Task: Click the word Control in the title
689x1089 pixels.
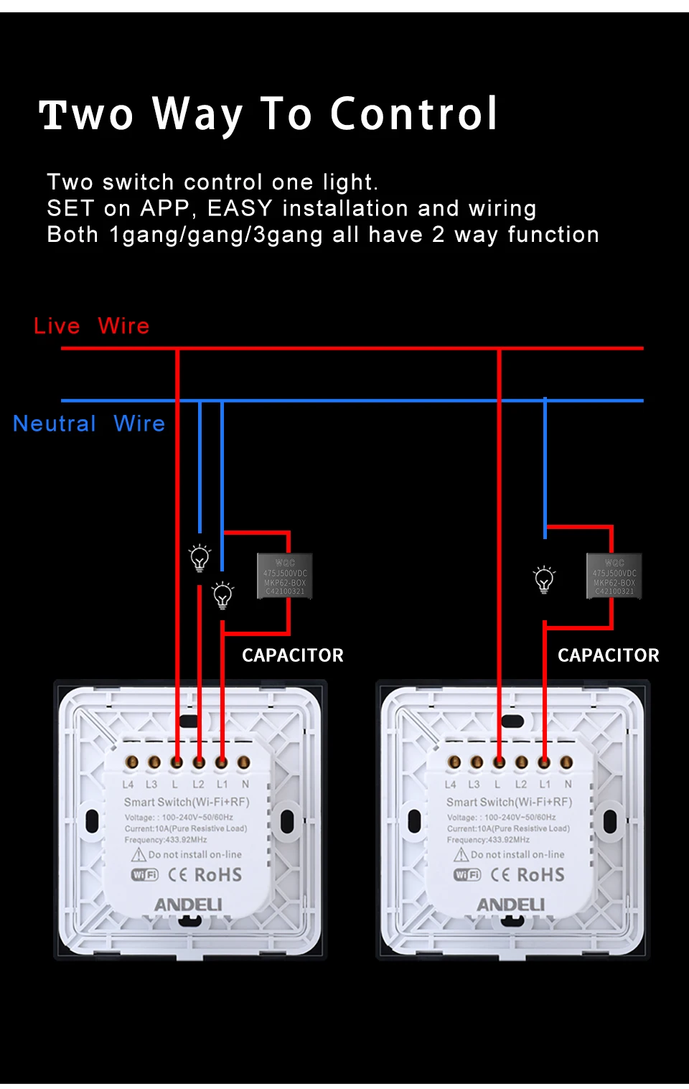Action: tap(413, 114)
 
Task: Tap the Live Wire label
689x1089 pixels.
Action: tap(91, 326)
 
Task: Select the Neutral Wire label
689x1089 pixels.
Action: tap(89, 424)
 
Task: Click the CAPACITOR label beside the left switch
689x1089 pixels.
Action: tap(292, 655)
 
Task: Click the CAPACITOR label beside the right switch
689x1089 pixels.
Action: tap(608, 655)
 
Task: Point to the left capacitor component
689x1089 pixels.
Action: tap(285, 576)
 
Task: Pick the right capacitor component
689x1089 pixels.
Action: tap(614, 576)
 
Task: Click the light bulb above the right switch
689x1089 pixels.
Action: tap(544, 579)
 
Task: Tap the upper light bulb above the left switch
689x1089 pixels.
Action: tap(200, 557)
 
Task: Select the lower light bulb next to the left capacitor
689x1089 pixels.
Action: tap(222, 595)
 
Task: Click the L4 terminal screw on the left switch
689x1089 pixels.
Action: tap(131, 762)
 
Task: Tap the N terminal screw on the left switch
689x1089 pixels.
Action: tap(244, 762)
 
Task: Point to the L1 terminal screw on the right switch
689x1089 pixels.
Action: tap(544, 762)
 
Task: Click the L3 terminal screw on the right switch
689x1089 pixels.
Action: tap(477, 762)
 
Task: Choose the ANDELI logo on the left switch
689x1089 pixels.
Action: tap(188, 905)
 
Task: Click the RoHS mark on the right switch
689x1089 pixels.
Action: tap(540, 875)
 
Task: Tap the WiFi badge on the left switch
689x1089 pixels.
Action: tap(144, 875)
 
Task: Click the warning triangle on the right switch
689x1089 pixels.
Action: tap(461, 855)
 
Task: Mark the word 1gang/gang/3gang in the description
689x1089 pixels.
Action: tap(215, 235)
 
